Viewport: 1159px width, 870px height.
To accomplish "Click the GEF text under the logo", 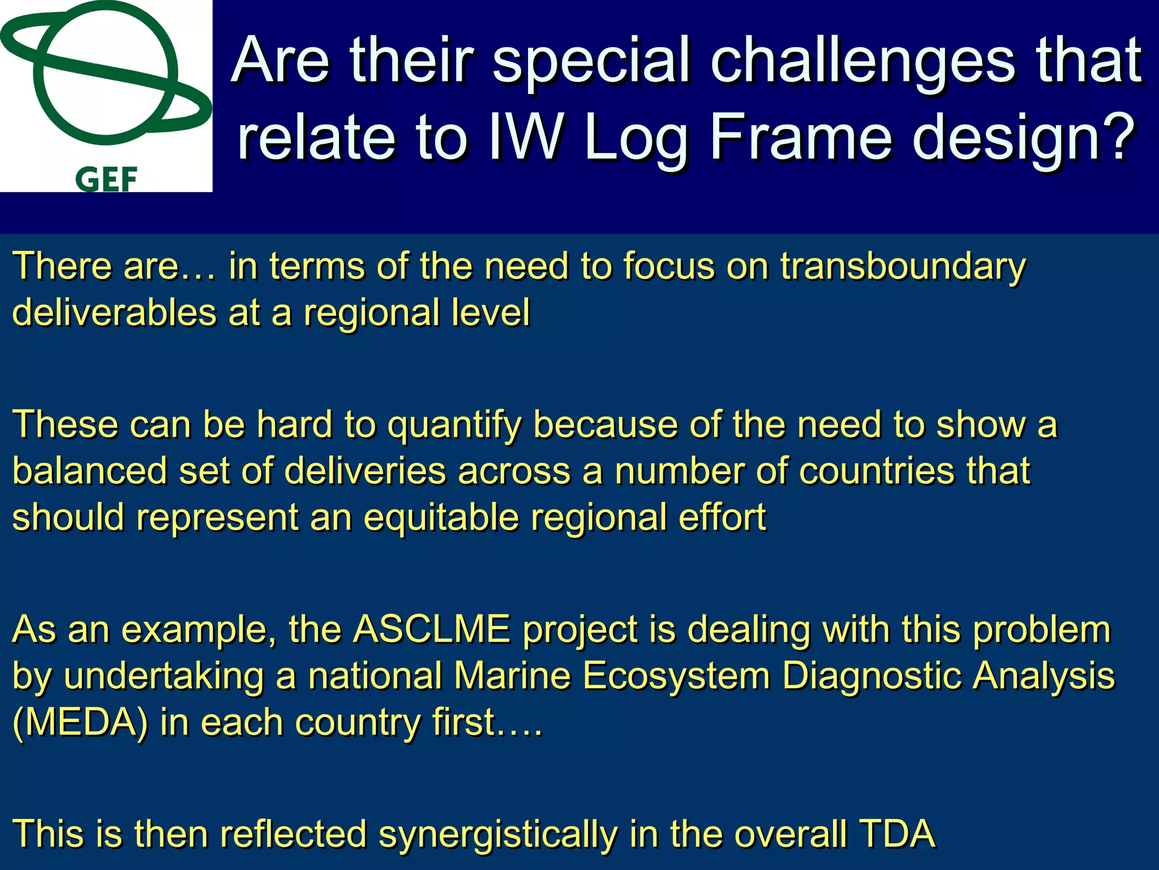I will pos(106,180).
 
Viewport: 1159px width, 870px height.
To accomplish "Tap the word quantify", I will pos(454,426).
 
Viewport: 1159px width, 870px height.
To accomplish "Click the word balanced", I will pos(89,471).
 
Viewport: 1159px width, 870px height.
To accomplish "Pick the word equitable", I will pos(441,518).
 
